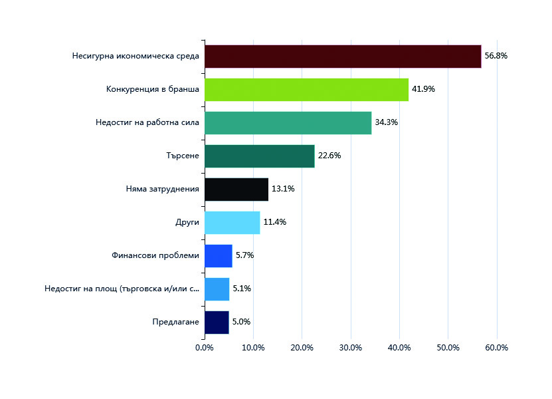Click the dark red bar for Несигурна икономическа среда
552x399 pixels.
343,57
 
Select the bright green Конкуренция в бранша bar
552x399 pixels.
307,90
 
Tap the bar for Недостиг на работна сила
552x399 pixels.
288,123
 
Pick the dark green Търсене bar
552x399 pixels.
260,156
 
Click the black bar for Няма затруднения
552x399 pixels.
236,190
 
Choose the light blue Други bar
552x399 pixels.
232,223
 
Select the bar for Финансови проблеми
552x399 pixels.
219,256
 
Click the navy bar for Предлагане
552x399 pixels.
217,323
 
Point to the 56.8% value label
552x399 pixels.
496,56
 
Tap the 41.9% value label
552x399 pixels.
424,89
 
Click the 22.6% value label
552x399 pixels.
329,156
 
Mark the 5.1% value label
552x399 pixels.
242,289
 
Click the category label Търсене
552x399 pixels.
183,156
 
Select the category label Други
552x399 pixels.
187,222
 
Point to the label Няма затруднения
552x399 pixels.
162,189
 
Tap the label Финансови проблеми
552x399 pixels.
155,255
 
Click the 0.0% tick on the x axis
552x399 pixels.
205,348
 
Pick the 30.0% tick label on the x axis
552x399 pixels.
351,348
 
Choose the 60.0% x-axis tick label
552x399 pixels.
497,348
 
